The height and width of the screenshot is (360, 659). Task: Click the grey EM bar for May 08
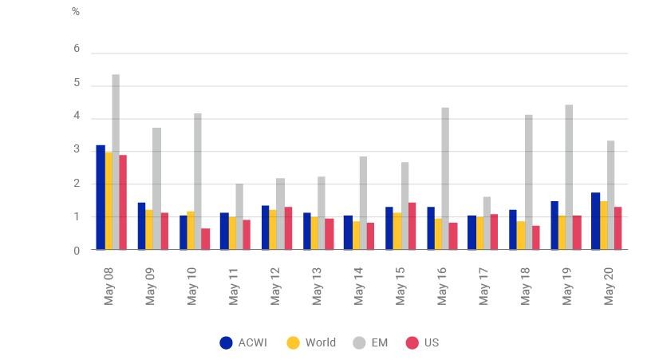pyautogui.click(x=116, y=162)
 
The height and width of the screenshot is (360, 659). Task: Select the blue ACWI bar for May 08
pyautogui.click(x=101, y=197)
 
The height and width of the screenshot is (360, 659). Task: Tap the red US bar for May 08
pyautogui.click(x=123, y=202)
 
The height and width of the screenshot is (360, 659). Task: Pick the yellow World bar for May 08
pyautogui.click(x=109, y=201)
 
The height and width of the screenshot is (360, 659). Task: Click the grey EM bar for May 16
pyautogui.click(x=445, y=178)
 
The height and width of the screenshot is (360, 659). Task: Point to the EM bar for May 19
pyautogui.click(x=569, y=177)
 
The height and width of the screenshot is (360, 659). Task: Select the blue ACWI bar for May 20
pyautogui.click(x=595, y=221)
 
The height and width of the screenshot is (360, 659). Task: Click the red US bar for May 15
pyautogui.click(x=412, y=226)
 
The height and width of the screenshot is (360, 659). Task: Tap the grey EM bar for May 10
pyautogui.click(x=198, y=181)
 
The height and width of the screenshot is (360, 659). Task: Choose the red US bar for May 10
pyautogui.click(x=206, y=239)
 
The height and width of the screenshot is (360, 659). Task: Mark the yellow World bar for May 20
pyautogui.click(x=603, y=225)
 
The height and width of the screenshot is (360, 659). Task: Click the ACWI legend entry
pyautogui.click(x=243, y=342)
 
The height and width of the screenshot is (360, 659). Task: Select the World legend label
pyautogui.click(x=321, y=342)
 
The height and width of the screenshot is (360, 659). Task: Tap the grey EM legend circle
pyautogui.click(x=359, y=342)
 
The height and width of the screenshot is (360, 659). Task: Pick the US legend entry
pyautogui.click(x=422, y=342)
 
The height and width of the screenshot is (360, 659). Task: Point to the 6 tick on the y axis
pyautogui.click(x=77, y=49)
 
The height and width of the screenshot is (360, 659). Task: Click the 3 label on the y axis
pyautogui.click(x=77, y=149)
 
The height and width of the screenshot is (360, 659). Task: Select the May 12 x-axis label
pyautogui.click(x=275, y=286)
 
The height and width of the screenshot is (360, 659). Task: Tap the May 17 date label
pyautogui.click(x=483, y=286)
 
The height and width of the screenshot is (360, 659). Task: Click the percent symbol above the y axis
pyautogui.click(x=76, y=12)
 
